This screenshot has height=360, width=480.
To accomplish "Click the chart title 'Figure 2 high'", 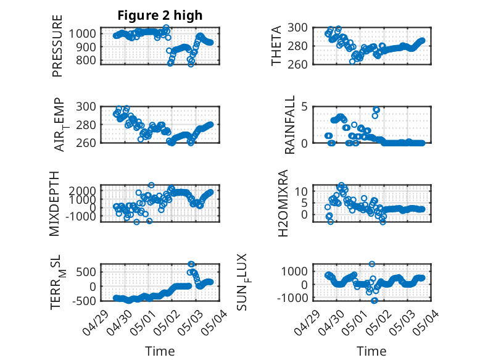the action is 160,15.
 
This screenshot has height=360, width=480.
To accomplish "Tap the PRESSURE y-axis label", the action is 57,46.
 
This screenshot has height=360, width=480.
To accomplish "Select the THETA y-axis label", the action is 276,46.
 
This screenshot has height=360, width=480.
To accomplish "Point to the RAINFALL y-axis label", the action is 289,125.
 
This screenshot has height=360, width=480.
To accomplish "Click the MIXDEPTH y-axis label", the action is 54,203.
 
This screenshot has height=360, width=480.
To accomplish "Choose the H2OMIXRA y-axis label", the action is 283,203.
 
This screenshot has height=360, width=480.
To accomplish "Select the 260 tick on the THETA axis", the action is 297,64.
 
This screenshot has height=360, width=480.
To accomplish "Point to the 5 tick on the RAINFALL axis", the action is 304,107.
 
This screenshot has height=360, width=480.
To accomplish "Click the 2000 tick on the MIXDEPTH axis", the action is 82,191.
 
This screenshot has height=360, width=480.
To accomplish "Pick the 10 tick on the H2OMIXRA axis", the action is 301,191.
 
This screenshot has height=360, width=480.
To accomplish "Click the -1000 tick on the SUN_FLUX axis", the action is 292,298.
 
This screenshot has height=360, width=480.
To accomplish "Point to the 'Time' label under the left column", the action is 160,351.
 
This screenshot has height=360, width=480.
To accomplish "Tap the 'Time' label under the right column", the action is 371,351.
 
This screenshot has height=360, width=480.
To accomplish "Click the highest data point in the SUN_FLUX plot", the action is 372,264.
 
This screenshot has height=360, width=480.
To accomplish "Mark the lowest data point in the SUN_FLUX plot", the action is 374,301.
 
